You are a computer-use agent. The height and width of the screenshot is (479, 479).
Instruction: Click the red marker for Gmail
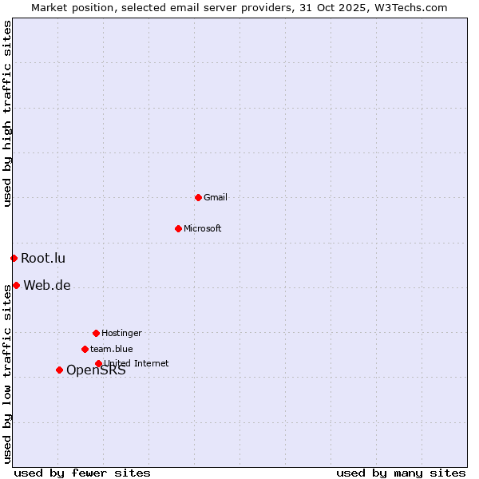pos(198,197)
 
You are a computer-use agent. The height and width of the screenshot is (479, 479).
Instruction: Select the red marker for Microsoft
pos(178,228)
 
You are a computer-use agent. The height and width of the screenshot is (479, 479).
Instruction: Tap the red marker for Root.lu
pos(14,258)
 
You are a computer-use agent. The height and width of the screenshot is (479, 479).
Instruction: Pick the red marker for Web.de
pos(16,285)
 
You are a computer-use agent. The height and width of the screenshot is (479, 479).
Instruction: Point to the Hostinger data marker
pos(96,333)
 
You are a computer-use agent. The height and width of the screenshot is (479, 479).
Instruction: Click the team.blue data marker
pos(85,349)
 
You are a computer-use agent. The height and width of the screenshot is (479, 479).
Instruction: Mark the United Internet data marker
pos(98,363)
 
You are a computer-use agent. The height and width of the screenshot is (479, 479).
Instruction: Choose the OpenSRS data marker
pos(59,370)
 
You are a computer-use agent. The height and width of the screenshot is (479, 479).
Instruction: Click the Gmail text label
pos(216,197)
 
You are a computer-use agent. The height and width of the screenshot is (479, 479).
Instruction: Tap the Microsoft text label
pos(203,228)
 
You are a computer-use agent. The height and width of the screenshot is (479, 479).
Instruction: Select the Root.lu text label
pos(43,258)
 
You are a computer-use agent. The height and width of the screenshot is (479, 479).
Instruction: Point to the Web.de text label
pos(47,285)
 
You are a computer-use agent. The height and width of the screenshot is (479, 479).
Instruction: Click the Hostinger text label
pos(121,333)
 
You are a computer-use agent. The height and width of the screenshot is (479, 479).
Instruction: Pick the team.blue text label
pos(112,349)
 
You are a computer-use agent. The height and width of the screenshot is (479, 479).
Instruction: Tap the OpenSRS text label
pos(96,370)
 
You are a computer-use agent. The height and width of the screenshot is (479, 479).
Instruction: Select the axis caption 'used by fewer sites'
pos(82,473)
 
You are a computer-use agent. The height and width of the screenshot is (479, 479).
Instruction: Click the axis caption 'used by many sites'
pos(401,473)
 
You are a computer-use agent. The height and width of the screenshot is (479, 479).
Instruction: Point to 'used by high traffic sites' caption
pos(7,113)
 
